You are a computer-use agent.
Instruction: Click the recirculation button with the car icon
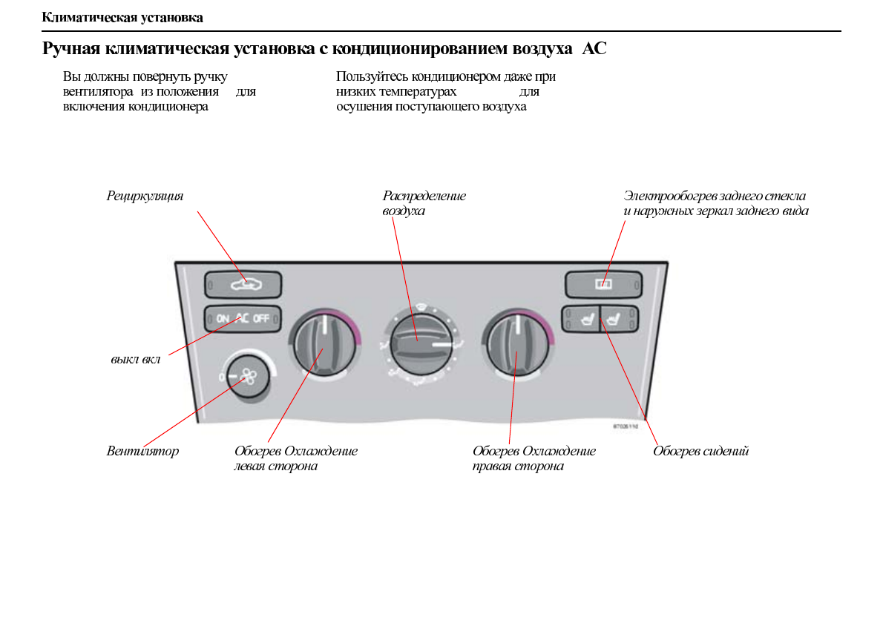pos(243,284)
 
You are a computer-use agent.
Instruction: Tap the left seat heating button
pos(581,320)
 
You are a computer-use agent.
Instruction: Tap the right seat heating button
pos(619,320)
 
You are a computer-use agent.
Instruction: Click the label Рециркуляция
pos(145,196)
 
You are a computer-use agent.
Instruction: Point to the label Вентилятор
pos(142,451)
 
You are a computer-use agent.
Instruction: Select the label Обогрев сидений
pos(700,451)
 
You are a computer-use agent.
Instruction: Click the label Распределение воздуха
pos(424,203)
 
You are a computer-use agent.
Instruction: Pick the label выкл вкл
pos(135,360)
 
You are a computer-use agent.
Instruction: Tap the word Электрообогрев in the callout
pos(667,196)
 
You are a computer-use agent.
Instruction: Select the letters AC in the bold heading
pos(594,50)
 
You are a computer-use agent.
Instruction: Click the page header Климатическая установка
pos(122,17)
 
